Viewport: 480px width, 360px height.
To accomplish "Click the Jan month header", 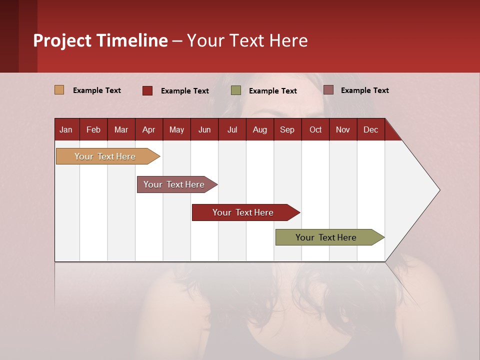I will (x=66, y=129).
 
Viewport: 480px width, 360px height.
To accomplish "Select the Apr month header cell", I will (x=149, y=129).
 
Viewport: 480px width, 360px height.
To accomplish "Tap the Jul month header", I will (x=232, y=129).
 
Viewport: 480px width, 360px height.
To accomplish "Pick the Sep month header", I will (x=287, y=129).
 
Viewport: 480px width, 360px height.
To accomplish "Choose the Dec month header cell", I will (x=371, y=129).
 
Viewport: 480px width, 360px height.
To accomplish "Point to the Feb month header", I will (x=93, y=129).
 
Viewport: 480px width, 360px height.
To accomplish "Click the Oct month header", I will (x=315, y=129).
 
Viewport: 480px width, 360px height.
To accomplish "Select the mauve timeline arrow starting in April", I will (x=175, y=184).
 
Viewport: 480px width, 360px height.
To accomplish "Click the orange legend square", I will (x=59, y=90).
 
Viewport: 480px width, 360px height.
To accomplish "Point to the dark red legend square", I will (x=147, y=90).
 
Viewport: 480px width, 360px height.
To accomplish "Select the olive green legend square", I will (x=236, y=90).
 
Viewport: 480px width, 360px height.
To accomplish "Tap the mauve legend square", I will (x=328, y=90).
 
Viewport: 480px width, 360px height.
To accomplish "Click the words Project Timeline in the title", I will (x=100, y=40).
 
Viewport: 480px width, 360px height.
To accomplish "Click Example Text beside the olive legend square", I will (x=273, y=91).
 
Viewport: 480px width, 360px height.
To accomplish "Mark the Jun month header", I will (x=204, y=129).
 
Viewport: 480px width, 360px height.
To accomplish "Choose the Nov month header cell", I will (x=343, y=129).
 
